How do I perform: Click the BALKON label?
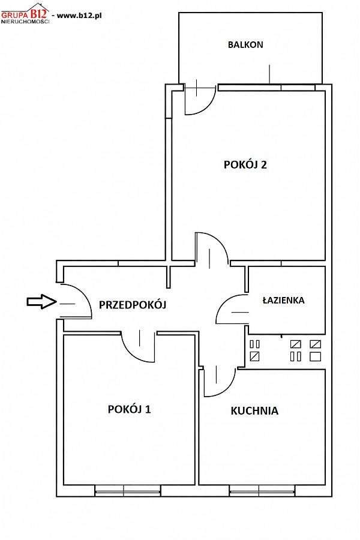245,45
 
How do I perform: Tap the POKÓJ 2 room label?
245,164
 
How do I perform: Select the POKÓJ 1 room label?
129,409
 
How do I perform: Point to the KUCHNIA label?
254,410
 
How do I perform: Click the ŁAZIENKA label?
284,300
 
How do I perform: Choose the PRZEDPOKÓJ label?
133,305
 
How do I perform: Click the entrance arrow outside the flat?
41,302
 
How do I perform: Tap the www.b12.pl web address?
79,16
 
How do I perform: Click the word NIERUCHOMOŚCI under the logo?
25,22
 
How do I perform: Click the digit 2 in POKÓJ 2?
263,164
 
